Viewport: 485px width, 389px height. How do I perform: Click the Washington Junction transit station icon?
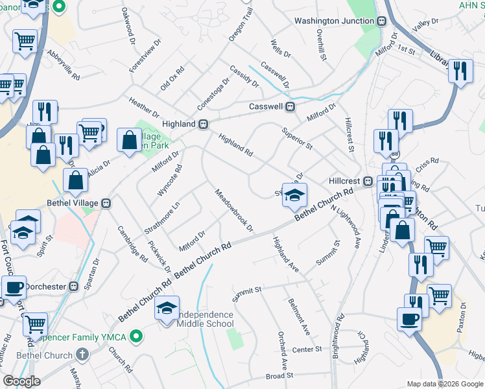pyautogui.click(x=381, y=21)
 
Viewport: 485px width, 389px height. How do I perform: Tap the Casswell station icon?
pyautogui.click(x=291, y=106)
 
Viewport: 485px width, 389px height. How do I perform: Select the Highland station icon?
pyautogui.click(x=203, y=124)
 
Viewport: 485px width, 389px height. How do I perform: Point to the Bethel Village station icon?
pyautogui.click(x=106, y=203)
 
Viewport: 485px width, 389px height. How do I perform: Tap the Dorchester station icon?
pyautogui.click(x=74, y=285)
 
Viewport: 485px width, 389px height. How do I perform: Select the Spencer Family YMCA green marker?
pyautogui.click(x=136, y=336)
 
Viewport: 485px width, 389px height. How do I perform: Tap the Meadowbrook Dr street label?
pyautogui.click(x=234, y=211)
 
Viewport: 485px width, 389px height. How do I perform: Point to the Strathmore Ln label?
pyautogui.click(x=162, y=219)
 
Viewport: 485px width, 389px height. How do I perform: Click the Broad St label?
pyautogui.click(x=279, y=375)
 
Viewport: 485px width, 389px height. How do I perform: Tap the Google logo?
pyautogui.click(x=21, y=381)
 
